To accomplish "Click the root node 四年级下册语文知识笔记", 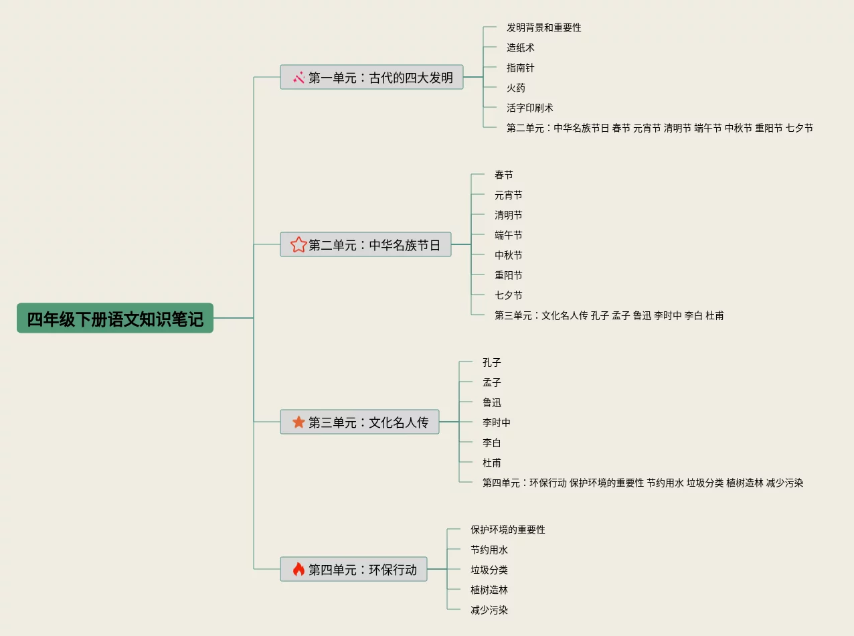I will [115, 318].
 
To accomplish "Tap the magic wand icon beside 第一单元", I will [298, 78].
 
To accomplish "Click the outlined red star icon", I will [298, 245].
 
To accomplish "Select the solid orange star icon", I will [298, 422].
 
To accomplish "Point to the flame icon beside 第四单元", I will [298, 570].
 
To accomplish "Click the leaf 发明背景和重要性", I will [543, 27].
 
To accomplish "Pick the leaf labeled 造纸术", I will [520, 48].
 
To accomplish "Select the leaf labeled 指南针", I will [520, 68].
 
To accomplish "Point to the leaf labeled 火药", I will [515, 88].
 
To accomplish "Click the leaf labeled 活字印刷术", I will [529, 108].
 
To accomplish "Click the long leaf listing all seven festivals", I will [659, 128].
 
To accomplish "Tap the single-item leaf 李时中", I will [496, 422].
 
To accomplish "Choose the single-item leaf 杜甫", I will [491, 463].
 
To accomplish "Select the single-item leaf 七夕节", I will [508, 295].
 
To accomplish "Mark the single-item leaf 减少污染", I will [489, 610].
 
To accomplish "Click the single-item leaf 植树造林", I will [489, 590].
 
